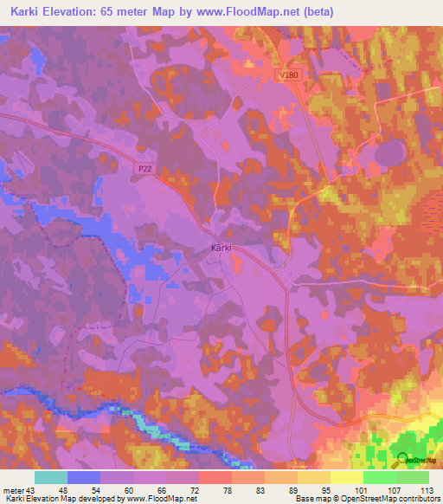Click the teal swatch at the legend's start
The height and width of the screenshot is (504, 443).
coord(51,477)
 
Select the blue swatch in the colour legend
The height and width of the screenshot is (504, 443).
coord(84,477)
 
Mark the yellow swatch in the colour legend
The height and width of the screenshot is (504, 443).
coord(346,477)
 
